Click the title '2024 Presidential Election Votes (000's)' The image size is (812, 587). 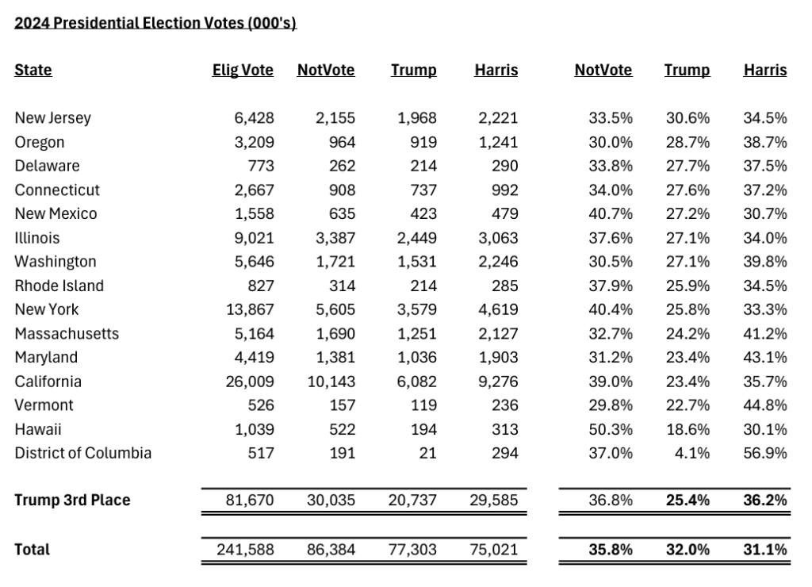155,23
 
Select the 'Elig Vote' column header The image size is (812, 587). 243,70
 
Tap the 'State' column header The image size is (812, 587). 33,70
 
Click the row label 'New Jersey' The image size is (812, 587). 53,118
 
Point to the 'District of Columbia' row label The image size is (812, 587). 83,453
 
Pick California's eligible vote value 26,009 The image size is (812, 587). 250,382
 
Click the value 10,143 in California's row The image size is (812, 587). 331,382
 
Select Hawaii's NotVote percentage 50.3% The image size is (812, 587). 611,429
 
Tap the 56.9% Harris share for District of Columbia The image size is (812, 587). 765,453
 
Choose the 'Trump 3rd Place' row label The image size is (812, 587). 72,501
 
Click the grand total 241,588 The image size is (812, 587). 246,549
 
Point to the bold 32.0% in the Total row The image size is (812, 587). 688,549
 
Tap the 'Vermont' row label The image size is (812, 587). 44,405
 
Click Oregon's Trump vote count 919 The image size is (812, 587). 421,142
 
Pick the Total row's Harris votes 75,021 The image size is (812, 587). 493,549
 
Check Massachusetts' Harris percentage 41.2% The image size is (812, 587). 765,333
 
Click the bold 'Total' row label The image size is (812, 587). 32,549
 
